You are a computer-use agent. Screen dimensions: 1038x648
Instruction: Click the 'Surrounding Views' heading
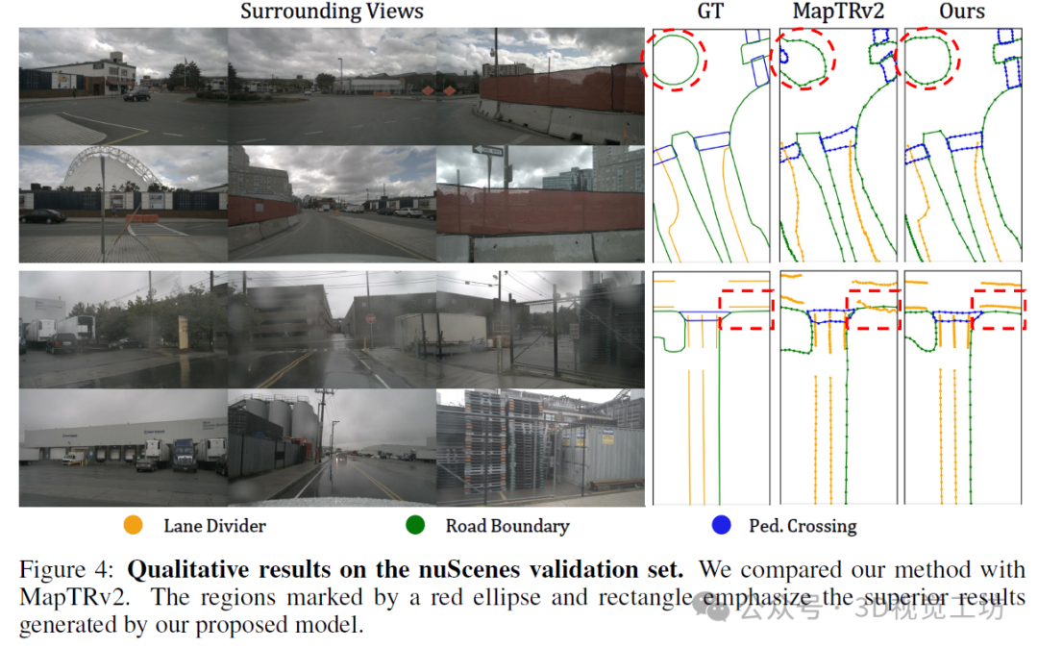pyautogui.click(x=332, y=12)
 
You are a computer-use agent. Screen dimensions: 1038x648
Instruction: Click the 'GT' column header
pyautogui.click(x=711, y=12)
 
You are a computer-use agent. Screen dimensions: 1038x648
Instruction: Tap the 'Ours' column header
pyautogui.click(x=962, y=12)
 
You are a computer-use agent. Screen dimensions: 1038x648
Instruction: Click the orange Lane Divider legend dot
pyautogui.click(x=134, y=526)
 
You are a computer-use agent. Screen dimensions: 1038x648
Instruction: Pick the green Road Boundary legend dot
pyautogui.click(x=415, y=526)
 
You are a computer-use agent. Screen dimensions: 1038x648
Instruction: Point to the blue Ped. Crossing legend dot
pyautogui.click(x=720, y=526)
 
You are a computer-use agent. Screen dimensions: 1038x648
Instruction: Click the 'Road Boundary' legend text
pyautogui.click(x=507, y=526)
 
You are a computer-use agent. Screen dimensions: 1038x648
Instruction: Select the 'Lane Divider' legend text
pyautogui.click(x=214, y=526)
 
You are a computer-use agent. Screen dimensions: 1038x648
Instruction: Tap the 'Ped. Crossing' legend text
pyautogui.click(x=803, y=526)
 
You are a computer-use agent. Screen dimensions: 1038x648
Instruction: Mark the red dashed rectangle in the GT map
pyautogui.click(x=746, y=309)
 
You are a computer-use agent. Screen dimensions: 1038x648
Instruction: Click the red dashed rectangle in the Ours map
pyautogui.click(x=999, y=309)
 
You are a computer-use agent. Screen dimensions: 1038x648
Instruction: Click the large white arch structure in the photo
pyautogui.click(x=105, y=172)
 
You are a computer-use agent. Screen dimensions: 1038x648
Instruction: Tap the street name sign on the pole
pyautogui.click(x=488, y=151)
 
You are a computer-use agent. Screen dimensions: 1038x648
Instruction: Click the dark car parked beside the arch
pyautogui.click(x=42, y=216)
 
